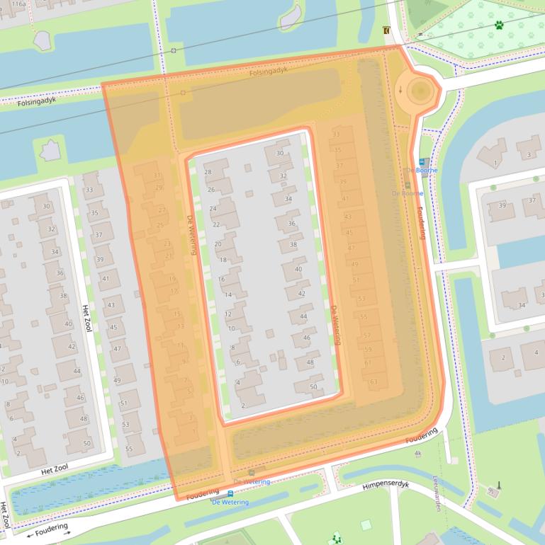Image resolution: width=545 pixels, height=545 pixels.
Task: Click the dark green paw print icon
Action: tap(500, 25)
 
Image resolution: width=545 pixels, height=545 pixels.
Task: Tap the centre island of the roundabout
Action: tap(419, 90)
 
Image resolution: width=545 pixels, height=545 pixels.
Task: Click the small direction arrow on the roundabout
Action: tap(400, 89)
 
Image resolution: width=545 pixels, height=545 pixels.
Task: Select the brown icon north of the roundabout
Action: tap(386, 30)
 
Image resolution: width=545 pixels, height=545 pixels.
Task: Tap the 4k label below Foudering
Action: tap(417, 454)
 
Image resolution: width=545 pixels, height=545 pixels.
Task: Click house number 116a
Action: tap(18, 4)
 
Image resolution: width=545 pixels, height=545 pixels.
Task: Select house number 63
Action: tap(373, 382)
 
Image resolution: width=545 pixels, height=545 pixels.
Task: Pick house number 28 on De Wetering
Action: tap(208, 172)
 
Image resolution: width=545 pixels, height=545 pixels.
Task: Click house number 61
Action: tap(368, 362)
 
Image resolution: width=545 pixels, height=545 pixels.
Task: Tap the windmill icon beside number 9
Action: tap(498, 486)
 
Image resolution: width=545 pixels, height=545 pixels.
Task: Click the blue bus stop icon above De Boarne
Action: tap(424, 161)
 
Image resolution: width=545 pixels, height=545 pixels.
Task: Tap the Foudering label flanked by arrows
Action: tap(49, 529)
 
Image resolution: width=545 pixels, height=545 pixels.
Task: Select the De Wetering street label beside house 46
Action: tap(336, 325)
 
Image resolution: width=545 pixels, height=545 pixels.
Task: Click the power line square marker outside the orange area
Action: tap(174, 51)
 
